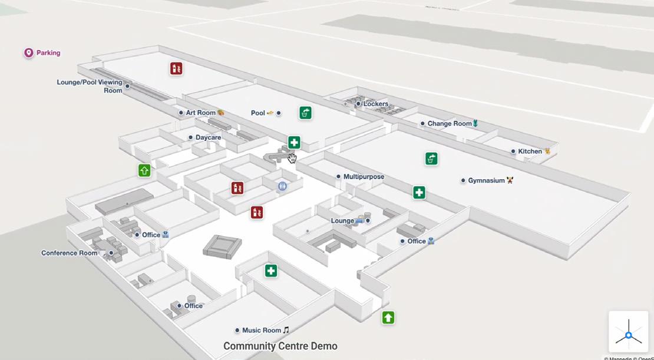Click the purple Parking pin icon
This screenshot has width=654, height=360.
(x=28, y=53)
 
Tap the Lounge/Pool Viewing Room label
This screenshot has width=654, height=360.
(x=90, y=86)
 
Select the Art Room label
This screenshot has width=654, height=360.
(x=201, y=113)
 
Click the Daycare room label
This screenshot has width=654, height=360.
(x=208, y=137)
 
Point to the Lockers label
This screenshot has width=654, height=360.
(x=375, y=104)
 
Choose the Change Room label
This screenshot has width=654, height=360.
(x=449, y=124)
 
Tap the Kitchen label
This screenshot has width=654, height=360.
(x=530, y=151)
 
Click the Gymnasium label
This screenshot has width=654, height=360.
(x=486, y=180)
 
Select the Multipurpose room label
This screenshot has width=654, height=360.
(x=364, y=176)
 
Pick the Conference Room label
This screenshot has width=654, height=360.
(x=69, y=253)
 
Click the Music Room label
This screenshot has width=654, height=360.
(x=262, y=331)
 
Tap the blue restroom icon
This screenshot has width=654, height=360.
(x=283, y=186)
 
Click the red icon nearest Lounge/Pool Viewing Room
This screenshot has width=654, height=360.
(x=176, y=68)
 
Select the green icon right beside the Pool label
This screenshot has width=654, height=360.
(x=305, y=113)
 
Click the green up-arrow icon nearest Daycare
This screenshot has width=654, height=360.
(x=144, y=171)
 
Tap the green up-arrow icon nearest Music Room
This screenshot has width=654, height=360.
(x=388, y=318)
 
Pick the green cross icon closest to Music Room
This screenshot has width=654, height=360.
(x=270, y=271)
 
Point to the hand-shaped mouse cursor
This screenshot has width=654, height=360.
(x=292, y=158)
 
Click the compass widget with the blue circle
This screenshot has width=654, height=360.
(x=628, y=335)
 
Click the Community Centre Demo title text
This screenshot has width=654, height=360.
(x=280, y=346)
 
